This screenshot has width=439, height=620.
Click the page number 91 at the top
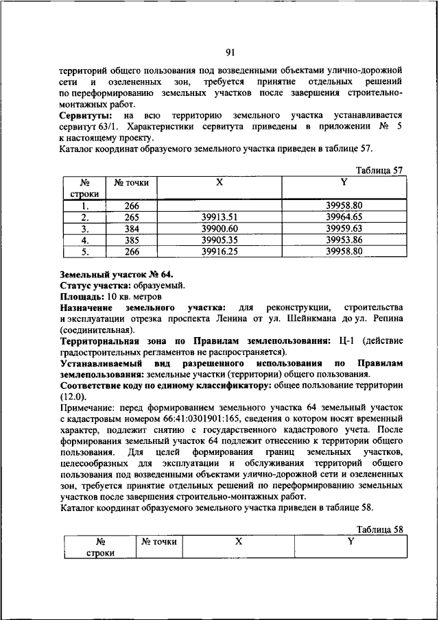[x=230, y=52]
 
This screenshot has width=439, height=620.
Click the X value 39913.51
[x=219, y=216]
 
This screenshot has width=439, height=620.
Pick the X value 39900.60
[x=219, y=228]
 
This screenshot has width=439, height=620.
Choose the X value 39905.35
[x=219, y=240]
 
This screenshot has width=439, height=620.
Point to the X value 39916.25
[x=219, y=251]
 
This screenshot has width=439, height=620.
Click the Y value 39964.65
[x=344, y=216]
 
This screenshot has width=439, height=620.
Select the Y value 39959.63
[x=344, y=228]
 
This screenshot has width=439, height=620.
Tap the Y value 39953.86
[x=344, y=240]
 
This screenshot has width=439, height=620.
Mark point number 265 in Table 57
[x=132, y=216]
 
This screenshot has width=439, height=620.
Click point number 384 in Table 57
[x=132, y=228]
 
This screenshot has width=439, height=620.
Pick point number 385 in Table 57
[x=132, y=240]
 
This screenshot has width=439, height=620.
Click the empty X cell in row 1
[x=219, y=205]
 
